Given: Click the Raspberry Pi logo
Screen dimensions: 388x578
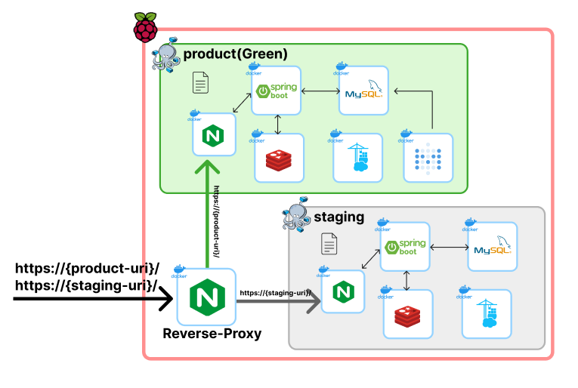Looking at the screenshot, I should click(x=146, y=27).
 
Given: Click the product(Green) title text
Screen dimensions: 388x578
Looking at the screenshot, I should click(x=235, y=54).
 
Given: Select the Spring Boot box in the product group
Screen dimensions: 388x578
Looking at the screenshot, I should click(x=276, y=91).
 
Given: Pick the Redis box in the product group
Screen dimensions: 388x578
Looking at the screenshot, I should click(x=279, y=158).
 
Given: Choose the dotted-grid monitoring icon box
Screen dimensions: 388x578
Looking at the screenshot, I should click(x=428, y=158).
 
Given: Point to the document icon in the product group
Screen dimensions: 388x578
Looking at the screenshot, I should click(x=201, y=82).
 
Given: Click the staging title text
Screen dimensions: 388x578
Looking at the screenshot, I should click(x=338, y=217).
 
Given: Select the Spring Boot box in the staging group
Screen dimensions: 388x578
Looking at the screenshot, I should click(x=404, y=248).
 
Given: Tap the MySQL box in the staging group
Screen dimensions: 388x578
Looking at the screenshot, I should click(x=492, y=248).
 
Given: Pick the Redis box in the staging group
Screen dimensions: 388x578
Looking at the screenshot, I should click(x=408, y=314).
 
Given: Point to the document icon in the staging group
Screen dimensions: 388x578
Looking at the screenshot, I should click(x=329, y=243).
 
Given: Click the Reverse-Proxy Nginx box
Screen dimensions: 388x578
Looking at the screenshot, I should click(x=206, y=296).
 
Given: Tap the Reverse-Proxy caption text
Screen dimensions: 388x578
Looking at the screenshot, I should click(x=212, y=333).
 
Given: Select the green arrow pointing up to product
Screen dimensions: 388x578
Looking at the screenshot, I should click(x=207, y=211).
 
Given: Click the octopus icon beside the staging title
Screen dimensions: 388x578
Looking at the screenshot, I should click(x=296, y=217).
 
